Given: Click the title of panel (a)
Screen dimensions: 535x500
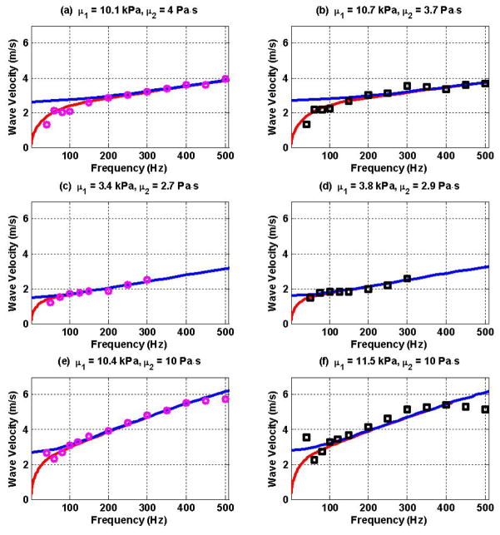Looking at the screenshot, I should [x=129, y=13].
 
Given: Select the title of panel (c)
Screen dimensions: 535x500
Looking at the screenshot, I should [x=129, y=191].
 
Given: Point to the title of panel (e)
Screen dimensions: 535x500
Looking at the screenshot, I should [x=129, y=367].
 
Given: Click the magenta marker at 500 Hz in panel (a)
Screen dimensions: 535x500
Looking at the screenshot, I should [x=225, y=79].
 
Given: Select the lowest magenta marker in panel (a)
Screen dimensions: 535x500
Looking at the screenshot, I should [x=47, y=124].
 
